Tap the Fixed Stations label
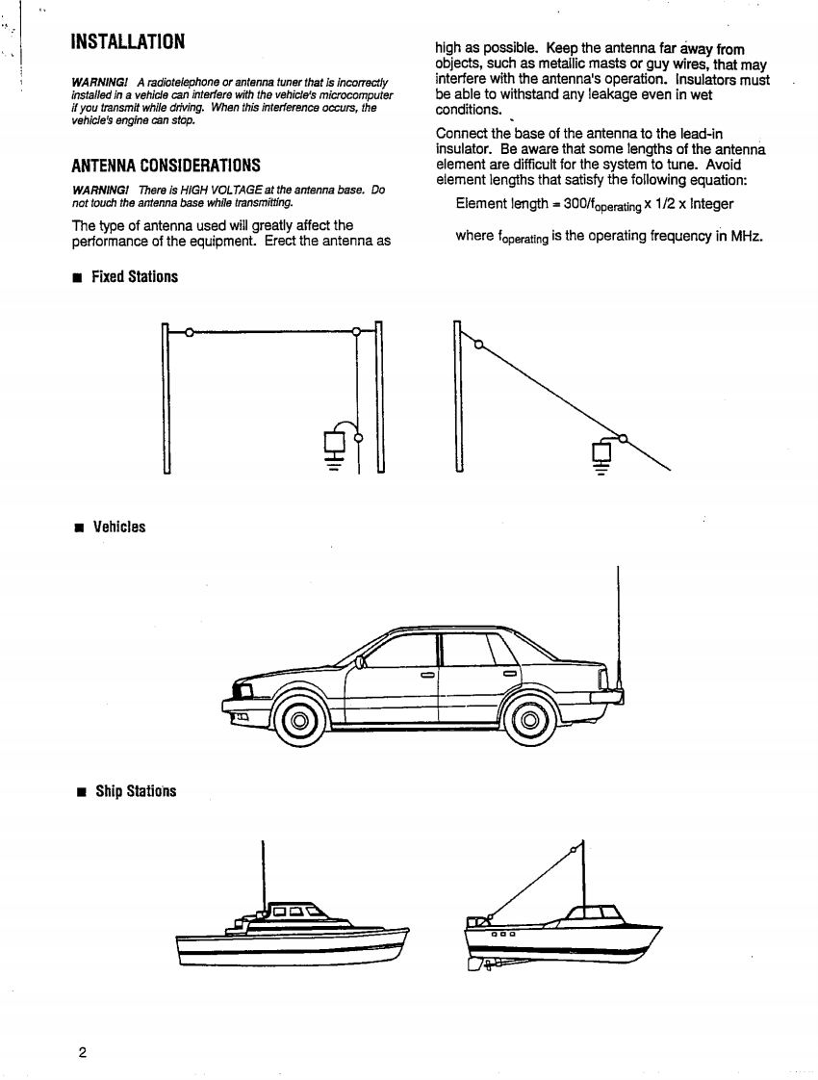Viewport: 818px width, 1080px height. pos(134,277)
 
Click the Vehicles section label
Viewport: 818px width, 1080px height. pos(118,527)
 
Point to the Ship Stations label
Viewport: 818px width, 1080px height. pos(134,791)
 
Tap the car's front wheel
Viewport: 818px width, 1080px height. pos(298,720)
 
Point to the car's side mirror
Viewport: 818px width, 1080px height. pos(361,662)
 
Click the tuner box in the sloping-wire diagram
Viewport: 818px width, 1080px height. pos(602,451)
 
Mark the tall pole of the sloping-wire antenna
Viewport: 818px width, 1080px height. pos(458,397)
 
